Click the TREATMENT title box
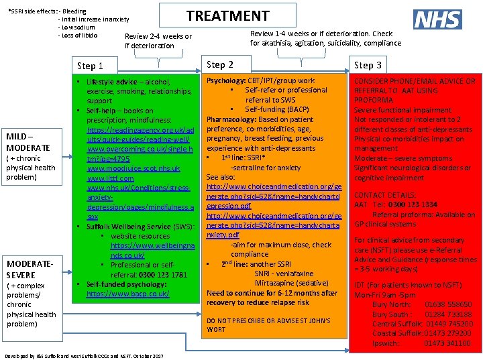coord(227,16)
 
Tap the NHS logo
coord(437,19)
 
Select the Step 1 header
coord(90,66)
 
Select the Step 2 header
coord(220,64)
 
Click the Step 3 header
coord(368,65)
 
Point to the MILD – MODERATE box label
coord(28,141)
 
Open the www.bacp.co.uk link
coord(127,294)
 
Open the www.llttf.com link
coord(110,179)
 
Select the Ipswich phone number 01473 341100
coord(447,343)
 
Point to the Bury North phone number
coord(447,304)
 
